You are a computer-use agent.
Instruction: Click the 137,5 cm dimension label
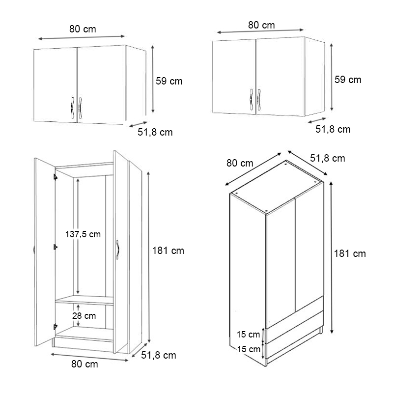(x=83, y=234)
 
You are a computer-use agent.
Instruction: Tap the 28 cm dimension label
(x=84, y=316)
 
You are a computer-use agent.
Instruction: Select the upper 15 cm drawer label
(x=248, y=335)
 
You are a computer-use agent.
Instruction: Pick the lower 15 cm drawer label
(x=249, y=349)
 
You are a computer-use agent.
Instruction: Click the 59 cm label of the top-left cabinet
(x=169, y=81)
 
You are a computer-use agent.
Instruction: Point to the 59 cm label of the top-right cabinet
(x=348, y=80)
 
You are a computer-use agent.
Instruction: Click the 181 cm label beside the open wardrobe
(x=168, y=251)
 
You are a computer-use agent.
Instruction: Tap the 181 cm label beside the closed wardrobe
(x=350, y=253)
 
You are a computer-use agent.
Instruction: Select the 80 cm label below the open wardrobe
(x=84, y=364)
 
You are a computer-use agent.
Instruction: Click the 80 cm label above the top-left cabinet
(x=83, y=29)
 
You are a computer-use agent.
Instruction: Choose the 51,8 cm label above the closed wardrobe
(x=328, y=158)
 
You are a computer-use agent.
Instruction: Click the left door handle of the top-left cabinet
(x=72, y=107)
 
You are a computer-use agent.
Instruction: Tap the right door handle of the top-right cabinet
(x=259, y=100)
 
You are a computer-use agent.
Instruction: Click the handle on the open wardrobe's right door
(x=117, y=250)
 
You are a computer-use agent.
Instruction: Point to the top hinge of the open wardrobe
(x=55, y=177)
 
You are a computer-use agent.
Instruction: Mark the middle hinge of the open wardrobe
(x=55, y=247)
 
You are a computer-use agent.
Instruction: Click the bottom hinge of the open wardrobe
(x=55, y=326)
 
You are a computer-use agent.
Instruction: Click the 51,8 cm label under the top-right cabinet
(x=333, y=129)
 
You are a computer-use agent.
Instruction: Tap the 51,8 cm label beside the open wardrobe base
(x=158, y=355)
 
